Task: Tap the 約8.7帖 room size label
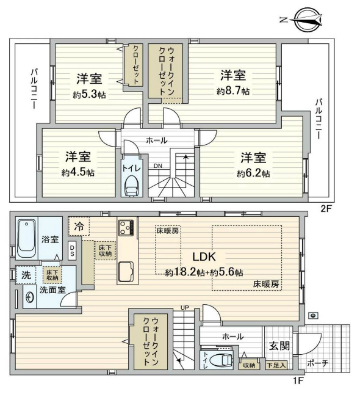[232, 91]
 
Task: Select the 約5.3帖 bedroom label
[88, 95]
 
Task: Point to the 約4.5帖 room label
[77, 172]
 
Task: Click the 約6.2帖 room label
[253, 173]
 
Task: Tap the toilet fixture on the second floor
[131, 184]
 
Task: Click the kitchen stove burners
[127, 228]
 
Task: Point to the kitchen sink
[127, 270]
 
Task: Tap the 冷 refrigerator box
[78, 226]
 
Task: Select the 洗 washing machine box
[24, 275]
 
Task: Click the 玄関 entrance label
[276, 345]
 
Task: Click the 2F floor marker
[326, 208]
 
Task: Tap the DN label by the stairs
[157, 166]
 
